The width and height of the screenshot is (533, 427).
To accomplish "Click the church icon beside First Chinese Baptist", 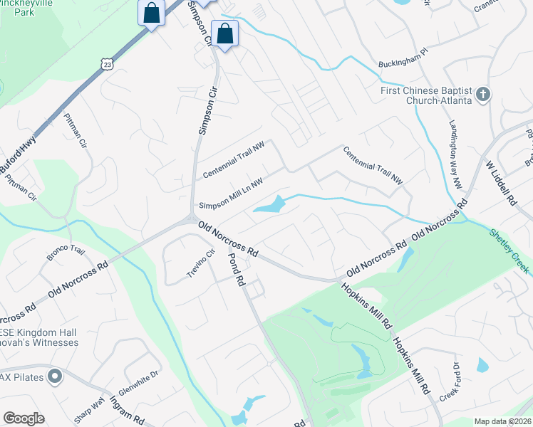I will (x=483, y=95).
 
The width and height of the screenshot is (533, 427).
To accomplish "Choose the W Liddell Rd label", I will (x=500, y=184).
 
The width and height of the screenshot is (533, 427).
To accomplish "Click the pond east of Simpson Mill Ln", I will (x=268, y=206).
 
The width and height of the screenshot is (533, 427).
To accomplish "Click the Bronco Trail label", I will (x=66, y=253).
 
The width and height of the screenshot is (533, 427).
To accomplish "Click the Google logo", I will (x=24, y=418).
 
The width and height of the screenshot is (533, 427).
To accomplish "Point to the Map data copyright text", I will (x=502, y=421).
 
